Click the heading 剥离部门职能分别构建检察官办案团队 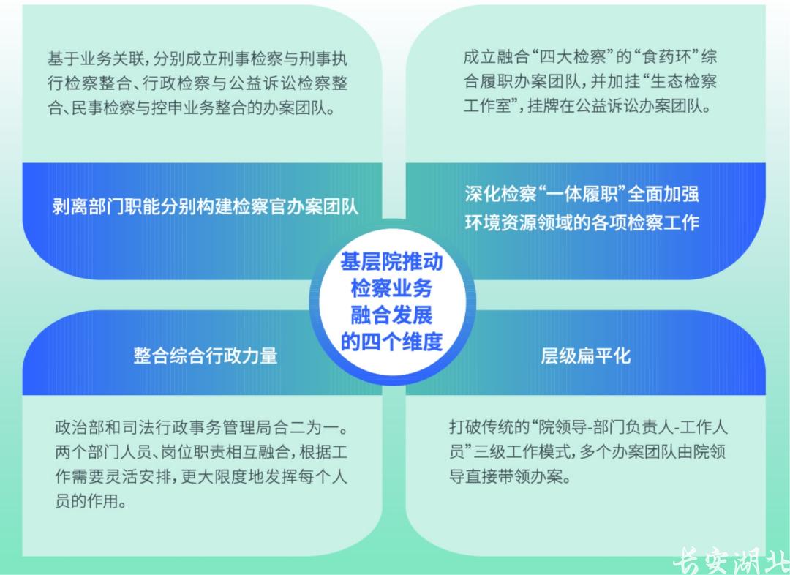pos(206,206)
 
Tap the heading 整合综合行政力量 pos(206,356)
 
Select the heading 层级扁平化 pos(585,356)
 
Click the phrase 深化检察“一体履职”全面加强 pos(582,194)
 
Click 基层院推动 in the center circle pos(391,262)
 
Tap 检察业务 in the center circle pos(391,289)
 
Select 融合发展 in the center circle pos(391,315)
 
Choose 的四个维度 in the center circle pos(391,342)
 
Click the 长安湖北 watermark pos(731,560)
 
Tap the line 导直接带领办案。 pos(511,476)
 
